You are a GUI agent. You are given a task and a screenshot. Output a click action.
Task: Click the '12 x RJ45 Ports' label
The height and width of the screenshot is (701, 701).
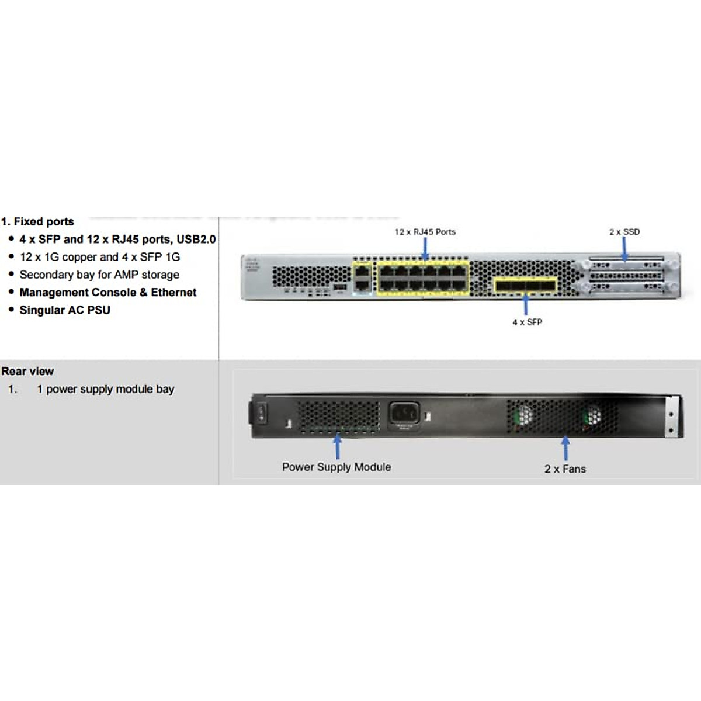(x=425, y=232)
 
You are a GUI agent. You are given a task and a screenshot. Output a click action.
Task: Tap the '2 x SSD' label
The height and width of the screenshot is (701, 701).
(x=624, y=232)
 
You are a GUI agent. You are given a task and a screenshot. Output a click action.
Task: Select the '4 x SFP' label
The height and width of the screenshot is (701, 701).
(x=527, y=322)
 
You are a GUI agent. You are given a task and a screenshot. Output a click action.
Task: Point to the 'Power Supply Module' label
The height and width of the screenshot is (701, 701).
(x=336, y=467)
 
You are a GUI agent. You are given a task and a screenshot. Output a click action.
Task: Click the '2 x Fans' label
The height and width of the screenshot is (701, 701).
(x=565, y=469)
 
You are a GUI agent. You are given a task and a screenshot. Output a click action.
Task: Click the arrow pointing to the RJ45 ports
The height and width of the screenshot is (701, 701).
(x=425, y=248)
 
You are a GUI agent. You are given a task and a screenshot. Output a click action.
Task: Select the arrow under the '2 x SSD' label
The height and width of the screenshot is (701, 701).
(x=624, y=249)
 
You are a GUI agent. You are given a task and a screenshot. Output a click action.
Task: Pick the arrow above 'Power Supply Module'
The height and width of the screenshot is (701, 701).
(x=337, y=447)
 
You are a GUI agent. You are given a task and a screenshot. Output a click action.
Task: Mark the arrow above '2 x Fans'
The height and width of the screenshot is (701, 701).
(x=565, y=449)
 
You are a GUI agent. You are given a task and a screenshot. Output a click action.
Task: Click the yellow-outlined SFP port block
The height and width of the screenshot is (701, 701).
(x=525, y=286)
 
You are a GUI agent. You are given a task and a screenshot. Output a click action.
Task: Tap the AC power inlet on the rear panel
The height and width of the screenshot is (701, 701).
(x=404, y=414)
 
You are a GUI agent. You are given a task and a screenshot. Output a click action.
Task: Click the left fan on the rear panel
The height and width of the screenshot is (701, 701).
(x=523, y=415)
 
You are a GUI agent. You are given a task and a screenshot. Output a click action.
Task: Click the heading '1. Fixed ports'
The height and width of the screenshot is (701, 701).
(x=38, y=221)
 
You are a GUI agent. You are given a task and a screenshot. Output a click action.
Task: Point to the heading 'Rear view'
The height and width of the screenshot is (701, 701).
(x=27, y=371)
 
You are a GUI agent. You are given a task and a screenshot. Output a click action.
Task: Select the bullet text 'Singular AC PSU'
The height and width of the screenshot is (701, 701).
(x=65, y=310)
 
